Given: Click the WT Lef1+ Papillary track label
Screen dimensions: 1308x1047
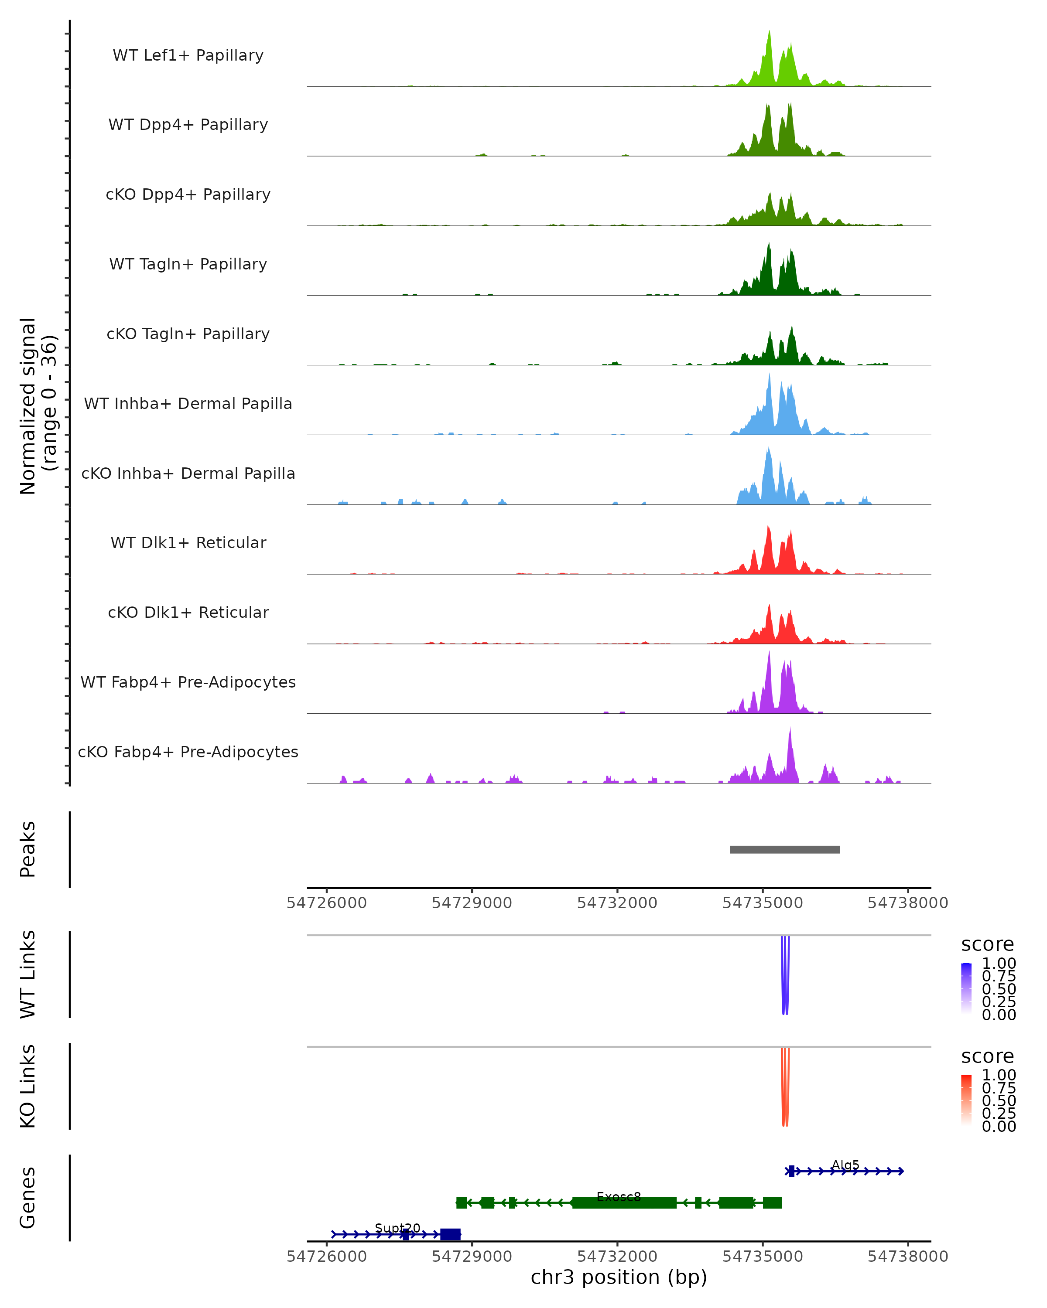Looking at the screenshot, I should tap(188, 55).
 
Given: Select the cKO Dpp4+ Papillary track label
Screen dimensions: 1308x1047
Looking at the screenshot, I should tap(188, 195).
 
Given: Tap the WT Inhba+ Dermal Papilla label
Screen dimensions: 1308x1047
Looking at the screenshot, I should tap(188, 404).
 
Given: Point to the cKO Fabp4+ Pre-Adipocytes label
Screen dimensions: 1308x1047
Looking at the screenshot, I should tap(188, 752).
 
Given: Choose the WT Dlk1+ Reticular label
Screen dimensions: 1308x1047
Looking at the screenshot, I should tap(188, 543).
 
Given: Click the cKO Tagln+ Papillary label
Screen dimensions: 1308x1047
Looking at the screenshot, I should tap(188, 334).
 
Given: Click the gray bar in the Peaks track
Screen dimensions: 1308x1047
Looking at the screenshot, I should tap(784, 850).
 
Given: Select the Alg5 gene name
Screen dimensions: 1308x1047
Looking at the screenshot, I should tap(845, 1165).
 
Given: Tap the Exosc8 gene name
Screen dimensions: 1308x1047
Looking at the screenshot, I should tap(619, 1197).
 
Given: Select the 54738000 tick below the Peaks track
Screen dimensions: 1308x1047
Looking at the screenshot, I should tap(907, 903).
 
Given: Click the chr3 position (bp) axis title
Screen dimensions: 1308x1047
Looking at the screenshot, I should tap(619, 1277).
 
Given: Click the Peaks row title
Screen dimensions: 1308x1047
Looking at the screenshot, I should tap(28, 849).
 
